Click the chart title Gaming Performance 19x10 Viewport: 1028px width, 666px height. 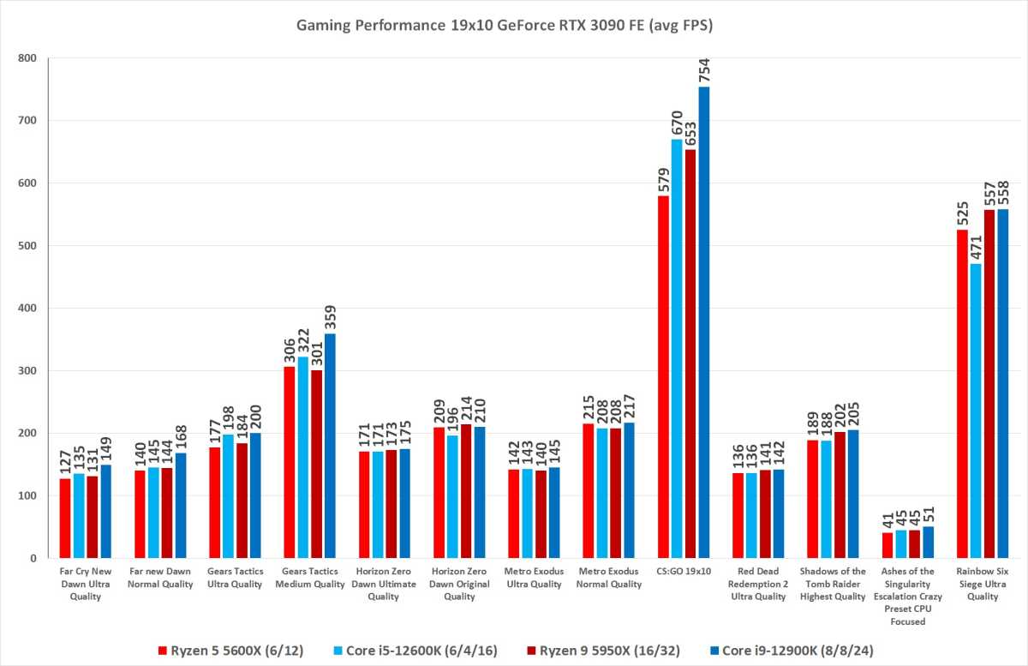point(505,27)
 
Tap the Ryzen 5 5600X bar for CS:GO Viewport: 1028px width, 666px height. point(663,377)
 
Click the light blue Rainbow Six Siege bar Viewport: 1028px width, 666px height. point(975,411)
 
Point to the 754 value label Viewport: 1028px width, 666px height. point(704,70)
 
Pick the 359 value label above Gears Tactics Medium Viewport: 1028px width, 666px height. point(331,317)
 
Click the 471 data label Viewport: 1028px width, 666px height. point(975,247)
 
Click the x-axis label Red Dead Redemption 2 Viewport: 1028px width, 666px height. point(759,584)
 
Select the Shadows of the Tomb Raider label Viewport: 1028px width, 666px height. point(833,584)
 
